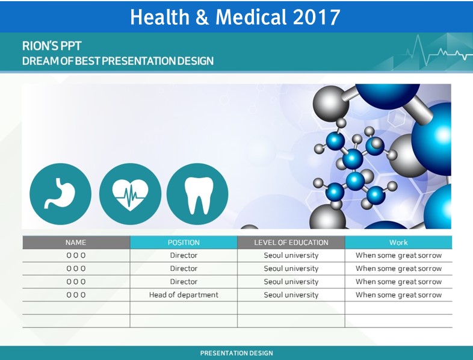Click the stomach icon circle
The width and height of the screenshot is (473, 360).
pos(60,194)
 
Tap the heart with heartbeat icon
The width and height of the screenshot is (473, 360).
pos(130,194)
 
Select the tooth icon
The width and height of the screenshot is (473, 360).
pos(197,194)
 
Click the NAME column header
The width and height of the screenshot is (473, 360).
pos(76,243)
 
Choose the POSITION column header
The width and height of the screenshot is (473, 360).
pos(184,243)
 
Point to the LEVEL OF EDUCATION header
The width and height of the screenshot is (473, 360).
pos(291,243)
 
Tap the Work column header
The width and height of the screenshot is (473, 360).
pos(398,243)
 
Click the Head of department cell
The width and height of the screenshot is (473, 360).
pos(184,295)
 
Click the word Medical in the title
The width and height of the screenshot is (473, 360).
pos(251,17)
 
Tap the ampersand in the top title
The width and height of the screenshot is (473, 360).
pos(202,17)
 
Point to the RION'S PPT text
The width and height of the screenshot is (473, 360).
pos(52,46)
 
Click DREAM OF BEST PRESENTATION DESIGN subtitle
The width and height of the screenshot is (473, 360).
pos(118,61)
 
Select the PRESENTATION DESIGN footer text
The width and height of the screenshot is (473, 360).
pos(236,353)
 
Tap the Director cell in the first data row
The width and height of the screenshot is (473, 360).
pos(184,255)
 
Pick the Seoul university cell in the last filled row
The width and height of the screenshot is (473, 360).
pos(291,295)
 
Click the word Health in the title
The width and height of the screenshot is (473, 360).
pos(159,17)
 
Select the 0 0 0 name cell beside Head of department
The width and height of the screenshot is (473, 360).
pos(76,295)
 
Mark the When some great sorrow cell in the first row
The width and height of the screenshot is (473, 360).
pos(398,255)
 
